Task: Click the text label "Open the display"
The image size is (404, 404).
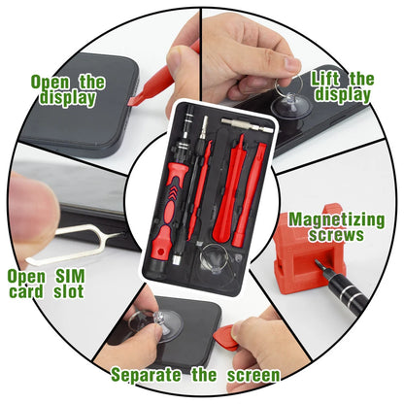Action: [67, 89]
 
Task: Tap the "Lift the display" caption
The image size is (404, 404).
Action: [342, 86]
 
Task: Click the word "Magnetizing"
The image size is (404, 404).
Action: [350, 219]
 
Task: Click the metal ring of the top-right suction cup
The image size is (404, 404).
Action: [291, 65]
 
